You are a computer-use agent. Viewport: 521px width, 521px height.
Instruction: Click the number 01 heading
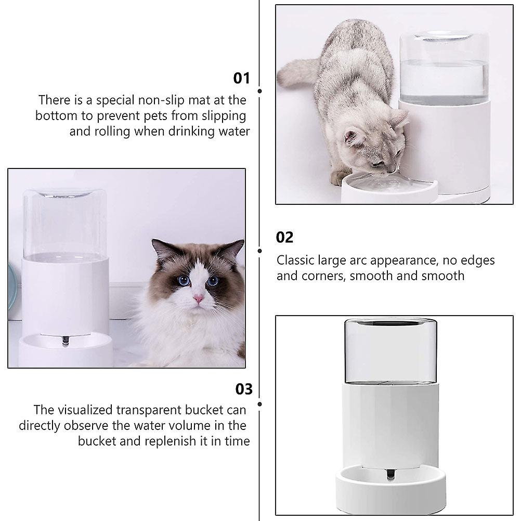click(x=241, y=78)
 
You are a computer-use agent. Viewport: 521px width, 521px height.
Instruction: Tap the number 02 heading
click(x=284, y=237)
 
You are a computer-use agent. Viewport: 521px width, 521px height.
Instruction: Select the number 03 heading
click(x=244, y=389)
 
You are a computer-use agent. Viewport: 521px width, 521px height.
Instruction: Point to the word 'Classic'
click(x=295, y=260)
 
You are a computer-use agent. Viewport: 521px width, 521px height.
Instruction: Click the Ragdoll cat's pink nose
click(x=199, y=298)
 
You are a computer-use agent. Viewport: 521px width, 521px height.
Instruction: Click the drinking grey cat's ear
click(x=352, y=137)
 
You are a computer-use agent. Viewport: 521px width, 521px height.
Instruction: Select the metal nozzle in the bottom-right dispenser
click(x=390, y=474)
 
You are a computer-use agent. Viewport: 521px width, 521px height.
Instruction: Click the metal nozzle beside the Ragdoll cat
click(x=66, y=341)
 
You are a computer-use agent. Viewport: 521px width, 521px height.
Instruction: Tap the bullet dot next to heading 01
click(x=259, y=91)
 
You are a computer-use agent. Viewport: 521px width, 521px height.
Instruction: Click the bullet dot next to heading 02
click(x=259, y=251)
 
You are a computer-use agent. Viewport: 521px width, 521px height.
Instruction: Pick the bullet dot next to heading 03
click(x=259, y=404)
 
